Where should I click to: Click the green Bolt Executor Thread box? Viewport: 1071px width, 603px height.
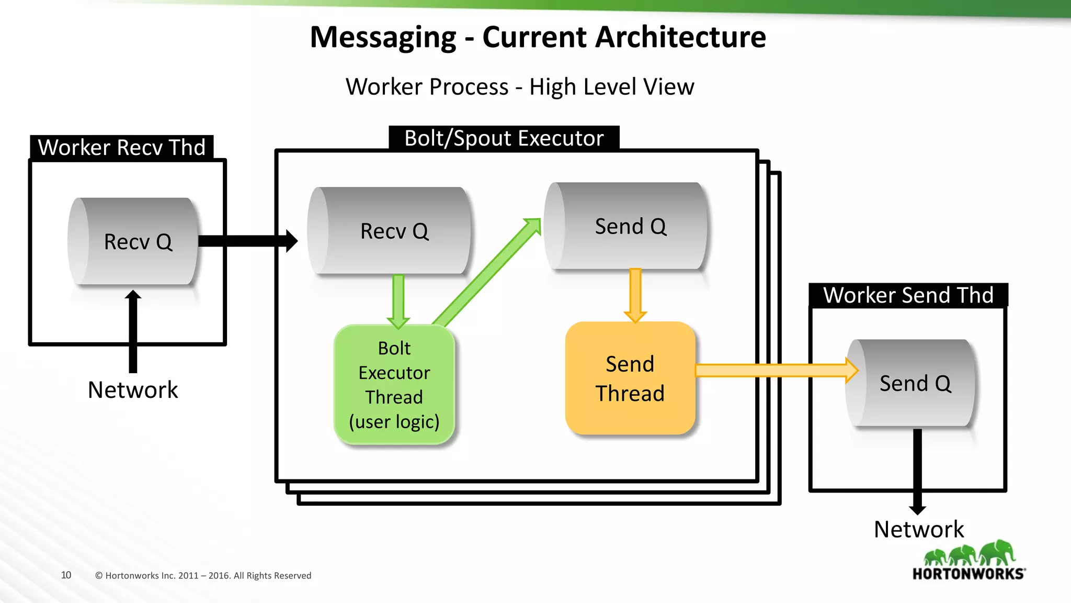point(394,385)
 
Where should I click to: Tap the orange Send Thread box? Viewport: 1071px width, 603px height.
point(630,378)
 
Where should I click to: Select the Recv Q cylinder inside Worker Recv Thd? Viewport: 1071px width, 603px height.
point(134,241)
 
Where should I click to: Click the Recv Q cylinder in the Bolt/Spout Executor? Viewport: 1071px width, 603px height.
point(390,231)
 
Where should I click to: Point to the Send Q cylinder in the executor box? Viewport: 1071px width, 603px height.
point(626,226)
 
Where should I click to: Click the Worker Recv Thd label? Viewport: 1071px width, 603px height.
point(122,148)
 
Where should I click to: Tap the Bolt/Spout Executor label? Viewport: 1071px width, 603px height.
point(504,138)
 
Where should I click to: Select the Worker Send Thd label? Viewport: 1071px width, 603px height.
point(908,295)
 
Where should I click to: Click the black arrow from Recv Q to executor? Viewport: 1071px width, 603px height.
point(246,241)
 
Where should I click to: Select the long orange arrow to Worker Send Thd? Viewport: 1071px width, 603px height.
point(774,371)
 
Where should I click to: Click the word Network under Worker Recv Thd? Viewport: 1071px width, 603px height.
point(133,390)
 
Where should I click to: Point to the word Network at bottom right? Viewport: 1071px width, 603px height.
point(919,529)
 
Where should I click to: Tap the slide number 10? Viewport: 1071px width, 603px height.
point(66,575)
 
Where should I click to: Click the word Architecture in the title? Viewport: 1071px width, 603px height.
point(624,37)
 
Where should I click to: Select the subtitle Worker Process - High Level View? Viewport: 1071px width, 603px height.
point(520,87)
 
